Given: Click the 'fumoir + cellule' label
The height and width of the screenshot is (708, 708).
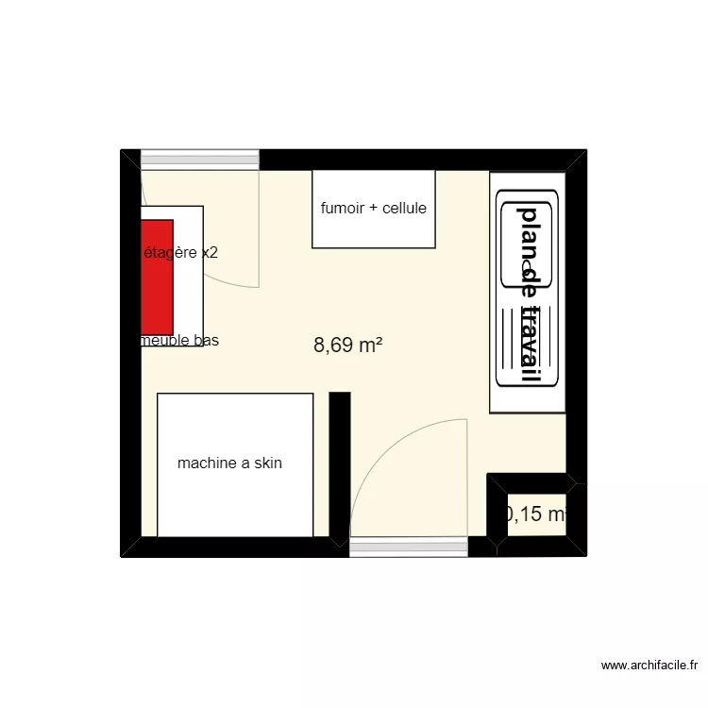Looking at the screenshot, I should [x=374, y=209].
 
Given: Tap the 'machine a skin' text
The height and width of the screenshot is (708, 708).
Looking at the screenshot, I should [x=229, y=464].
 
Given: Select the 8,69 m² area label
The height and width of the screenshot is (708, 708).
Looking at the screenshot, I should [x=347, y=346].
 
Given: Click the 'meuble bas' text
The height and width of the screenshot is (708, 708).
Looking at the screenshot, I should [x=179, y=341].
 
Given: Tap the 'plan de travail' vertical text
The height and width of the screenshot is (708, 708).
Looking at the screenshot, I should [x=530, y=294].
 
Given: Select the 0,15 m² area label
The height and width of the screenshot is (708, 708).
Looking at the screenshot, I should [x=534, y=514].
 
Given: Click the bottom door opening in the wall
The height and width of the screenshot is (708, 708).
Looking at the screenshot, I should [x=409, y=547].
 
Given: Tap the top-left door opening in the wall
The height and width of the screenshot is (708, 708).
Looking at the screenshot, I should [x=200, y=159].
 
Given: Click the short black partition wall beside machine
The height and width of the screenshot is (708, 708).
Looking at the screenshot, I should [x=340, y=467].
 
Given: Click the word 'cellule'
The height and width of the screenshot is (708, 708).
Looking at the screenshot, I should [x=404, y=209].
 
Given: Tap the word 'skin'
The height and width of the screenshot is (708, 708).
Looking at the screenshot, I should [x=264, y=464].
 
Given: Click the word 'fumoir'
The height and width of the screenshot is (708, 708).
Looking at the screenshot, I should [x=342, y=209].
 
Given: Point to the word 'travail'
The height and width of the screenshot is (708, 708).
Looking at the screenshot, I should [x=530, y=346].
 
